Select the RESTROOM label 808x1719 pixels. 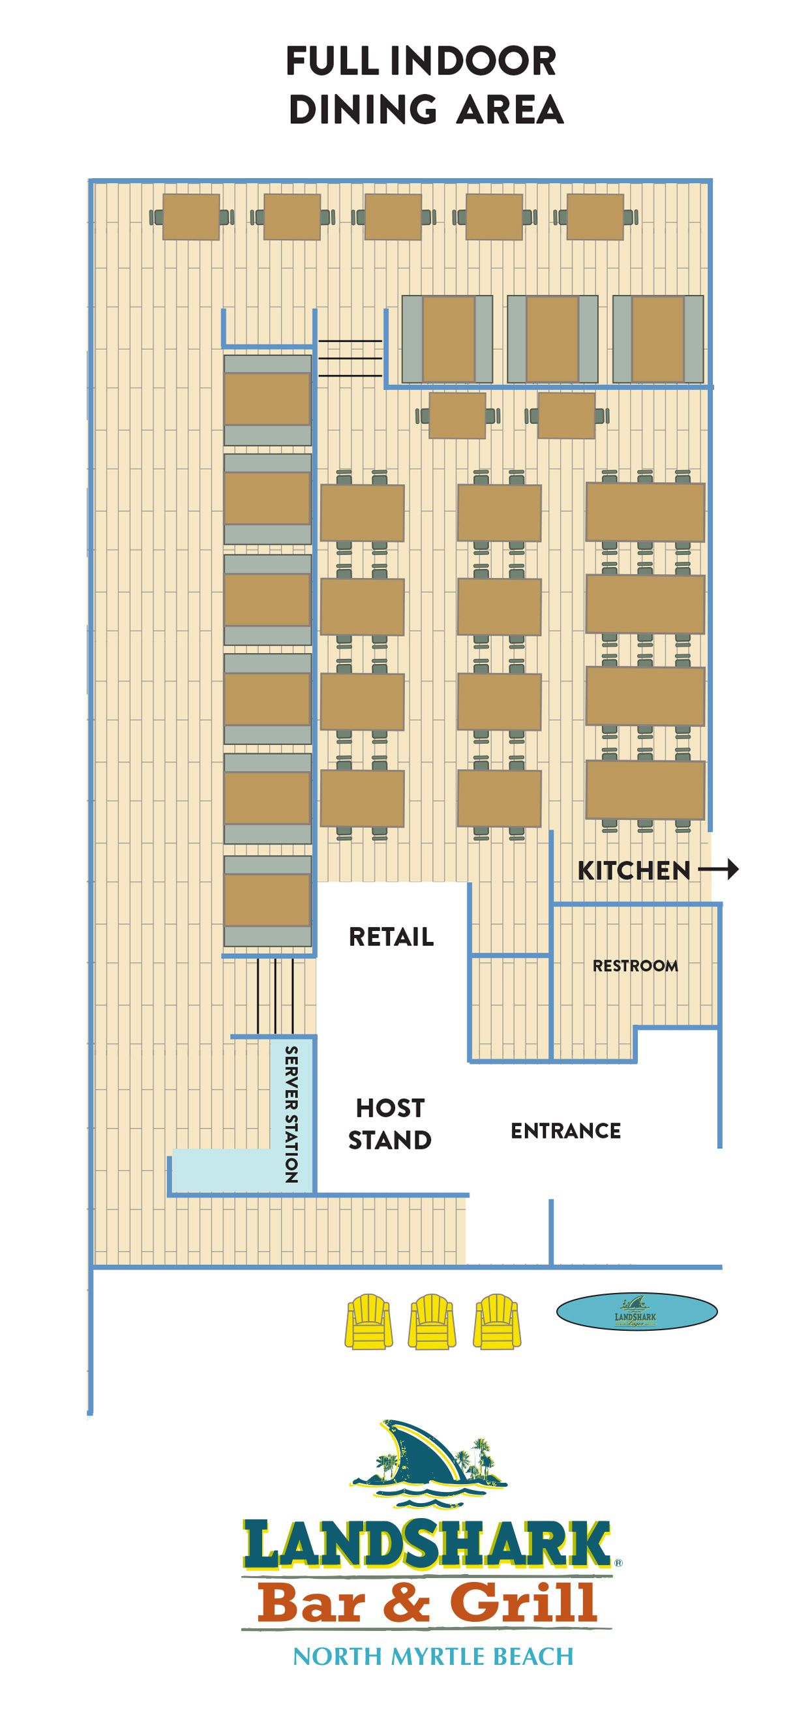coord(635,966)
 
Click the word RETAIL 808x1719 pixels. coord(391,937)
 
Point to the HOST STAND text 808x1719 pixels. coord(390,1124)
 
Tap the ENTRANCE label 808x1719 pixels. coord(565,1131)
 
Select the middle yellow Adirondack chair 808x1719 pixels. coord(432,1321)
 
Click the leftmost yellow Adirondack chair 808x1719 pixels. coord(368,1321)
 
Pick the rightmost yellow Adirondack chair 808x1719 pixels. coord(496,1321)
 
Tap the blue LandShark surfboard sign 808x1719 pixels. coord(636,1311)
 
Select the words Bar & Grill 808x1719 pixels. coord(427,1602)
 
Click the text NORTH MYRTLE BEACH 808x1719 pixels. coord(432,1656)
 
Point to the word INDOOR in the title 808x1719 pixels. coord(472,61)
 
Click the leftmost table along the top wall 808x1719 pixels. coord(191,217)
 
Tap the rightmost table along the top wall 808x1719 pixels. coord(595,217)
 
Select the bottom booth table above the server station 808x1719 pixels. coord(267,900)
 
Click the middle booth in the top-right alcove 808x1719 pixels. coord(552,339)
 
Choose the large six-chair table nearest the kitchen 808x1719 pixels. coord(644,789)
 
